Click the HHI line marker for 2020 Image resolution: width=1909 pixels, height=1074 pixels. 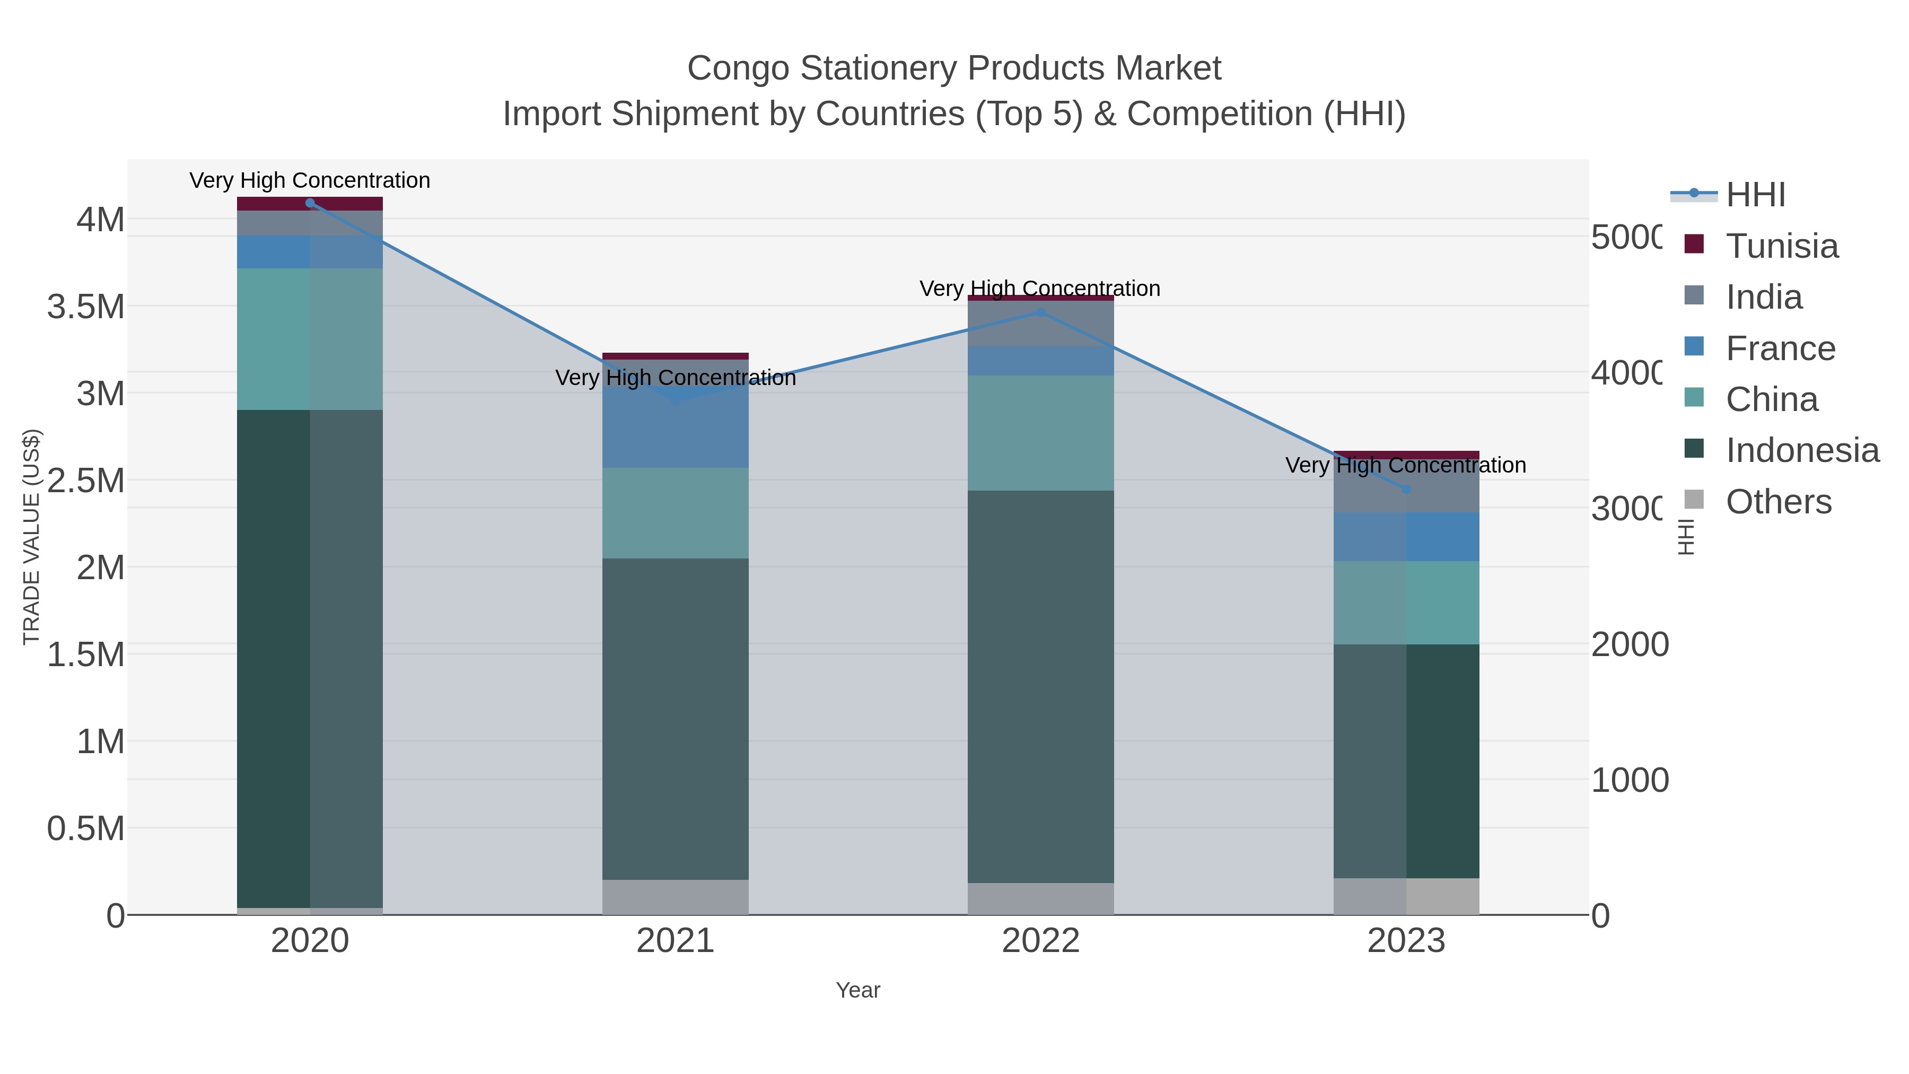click(x=310, y=203)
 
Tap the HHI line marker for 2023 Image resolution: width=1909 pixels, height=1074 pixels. click(x=1406, y=489)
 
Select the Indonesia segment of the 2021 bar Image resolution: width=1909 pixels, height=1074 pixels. click(x=675, y=719)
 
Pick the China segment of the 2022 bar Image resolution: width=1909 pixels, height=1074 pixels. click(x=1040, y=433)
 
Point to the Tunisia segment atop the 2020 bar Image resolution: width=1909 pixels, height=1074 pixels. click(x=310, y=204)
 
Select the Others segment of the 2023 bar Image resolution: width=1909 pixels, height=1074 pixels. click(x=1406, y=896)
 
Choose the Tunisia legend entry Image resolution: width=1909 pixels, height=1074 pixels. click(x=1782, y=246)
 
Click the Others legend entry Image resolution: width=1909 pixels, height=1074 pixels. click(x=1778, y=502)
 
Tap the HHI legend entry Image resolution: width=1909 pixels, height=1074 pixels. click(x=1755, y=195)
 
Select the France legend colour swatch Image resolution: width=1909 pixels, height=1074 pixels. click(x=1694, y=346)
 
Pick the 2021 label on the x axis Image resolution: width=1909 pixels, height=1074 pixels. click(x=675, y=941)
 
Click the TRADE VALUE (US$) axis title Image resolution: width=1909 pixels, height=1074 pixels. click(x=31, y=537)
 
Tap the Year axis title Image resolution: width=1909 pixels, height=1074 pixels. click(x=857, y=990)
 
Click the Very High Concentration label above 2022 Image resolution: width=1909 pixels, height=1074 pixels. click(x=1040, y=289)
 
